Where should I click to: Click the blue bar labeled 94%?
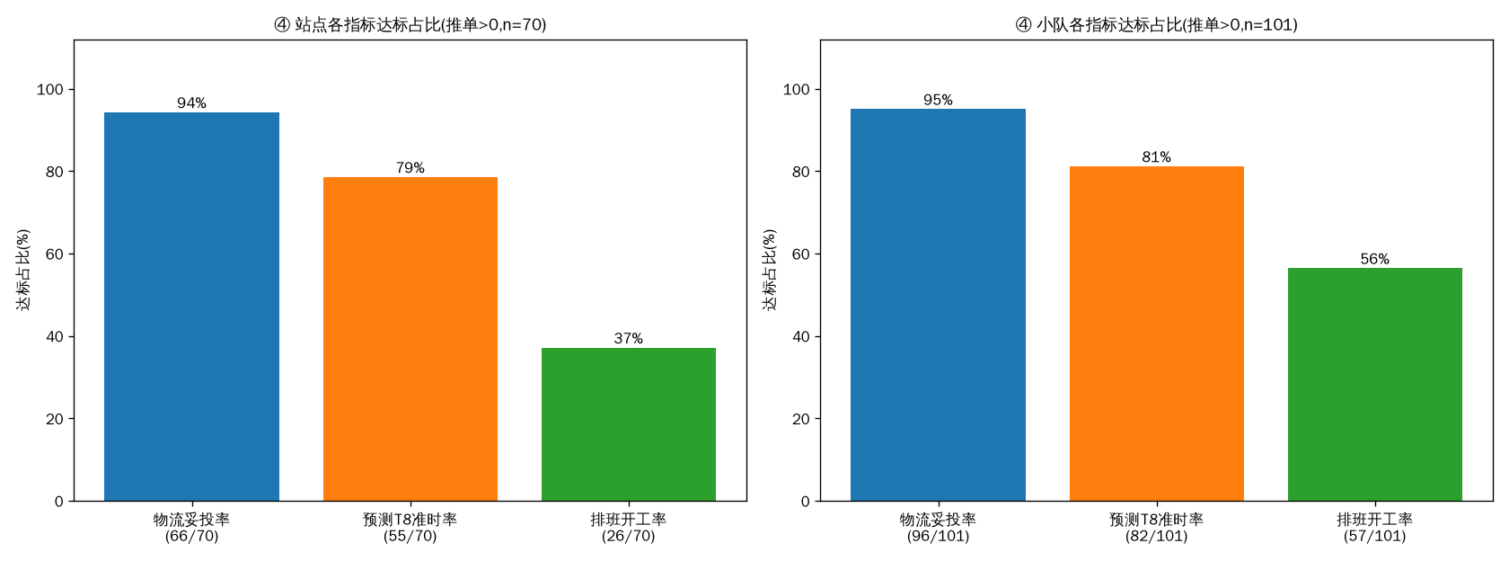point(191,307)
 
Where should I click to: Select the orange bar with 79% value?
point(410,339)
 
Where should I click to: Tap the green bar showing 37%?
point(629,424)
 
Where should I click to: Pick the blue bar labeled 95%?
point(938,305)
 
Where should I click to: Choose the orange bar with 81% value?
point(1157,334)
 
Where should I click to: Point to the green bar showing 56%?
point(1375,385)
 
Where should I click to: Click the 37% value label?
point(629,338)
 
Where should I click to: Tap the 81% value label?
point(1157,157)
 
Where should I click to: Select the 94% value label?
point(191,103)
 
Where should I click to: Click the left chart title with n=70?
point(410,25)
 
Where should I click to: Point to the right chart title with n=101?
point(1157,25)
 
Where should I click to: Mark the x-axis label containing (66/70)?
point(191,528)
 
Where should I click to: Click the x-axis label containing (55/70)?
point(410,528)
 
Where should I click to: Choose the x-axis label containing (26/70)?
point(629,528)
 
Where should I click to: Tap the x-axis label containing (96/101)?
point(938,528)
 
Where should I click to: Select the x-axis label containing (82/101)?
point(1157,528)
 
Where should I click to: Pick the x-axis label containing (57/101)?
point(1375,528)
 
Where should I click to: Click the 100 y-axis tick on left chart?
point(50,90)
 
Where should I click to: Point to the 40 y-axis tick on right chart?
point(801,336)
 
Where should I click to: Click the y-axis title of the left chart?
point(23,270)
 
